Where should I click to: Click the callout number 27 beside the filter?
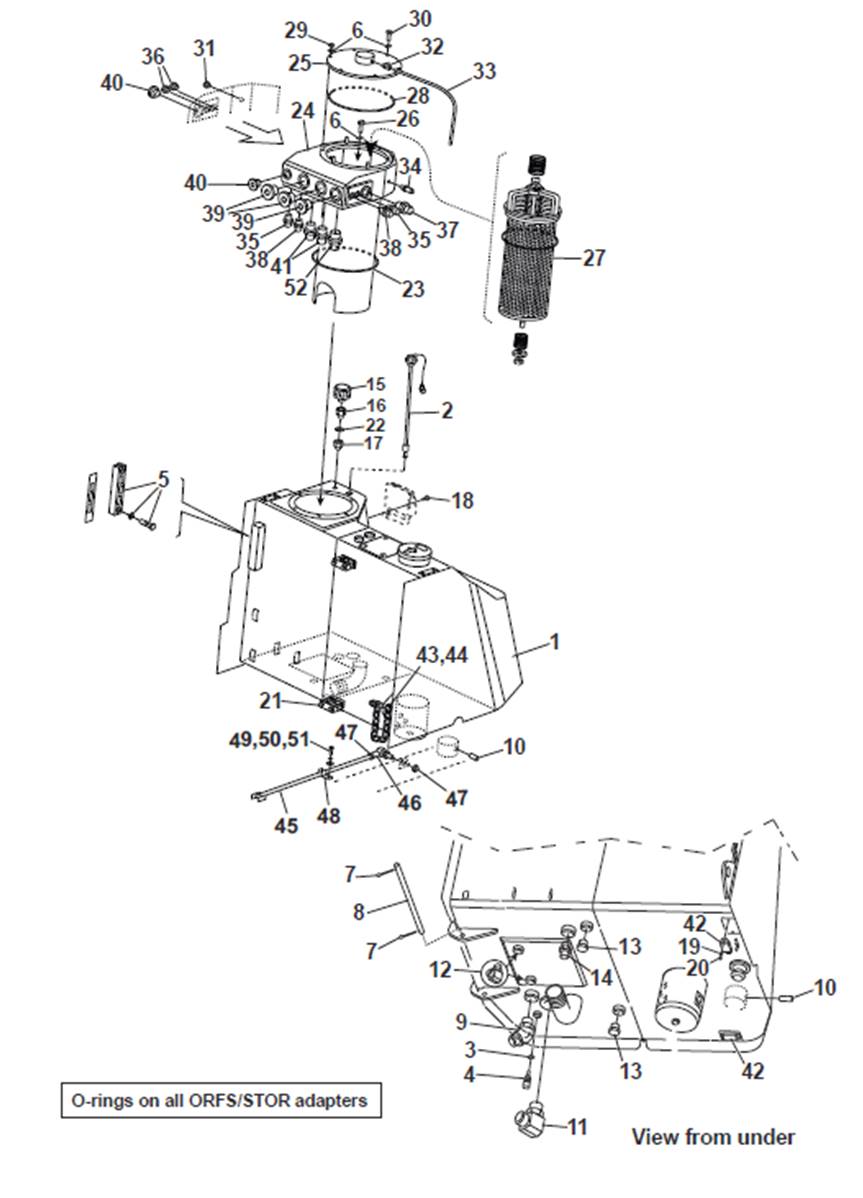point(593,257)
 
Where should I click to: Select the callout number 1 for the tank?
point(555,642)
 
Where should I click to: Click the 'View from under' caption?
point(713,1137)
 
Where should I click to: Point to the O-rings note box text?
point(220,1101)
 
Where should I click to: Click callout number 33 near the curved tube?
point(484,70)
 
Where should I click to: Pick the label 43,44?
point(442,655)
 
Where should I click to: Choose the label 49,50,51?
point(269,740)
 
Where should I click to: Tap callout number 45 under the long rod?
point(286,825)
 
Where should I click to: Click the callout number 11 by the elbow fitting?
point(577,1126)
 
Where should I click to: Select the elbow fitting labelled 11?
point(532,1121)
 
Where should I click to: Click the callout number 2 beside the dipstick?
point(447,410)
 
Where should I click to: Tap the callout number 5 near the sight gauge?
point(163,479)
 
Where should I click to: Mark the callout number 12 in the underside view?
point(441,969)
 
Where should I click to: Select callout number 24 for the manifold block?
point(302,112)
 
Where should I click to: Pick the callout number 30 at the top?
point(419,18)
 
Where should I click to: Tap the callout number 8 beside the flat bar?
point(358,911)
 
